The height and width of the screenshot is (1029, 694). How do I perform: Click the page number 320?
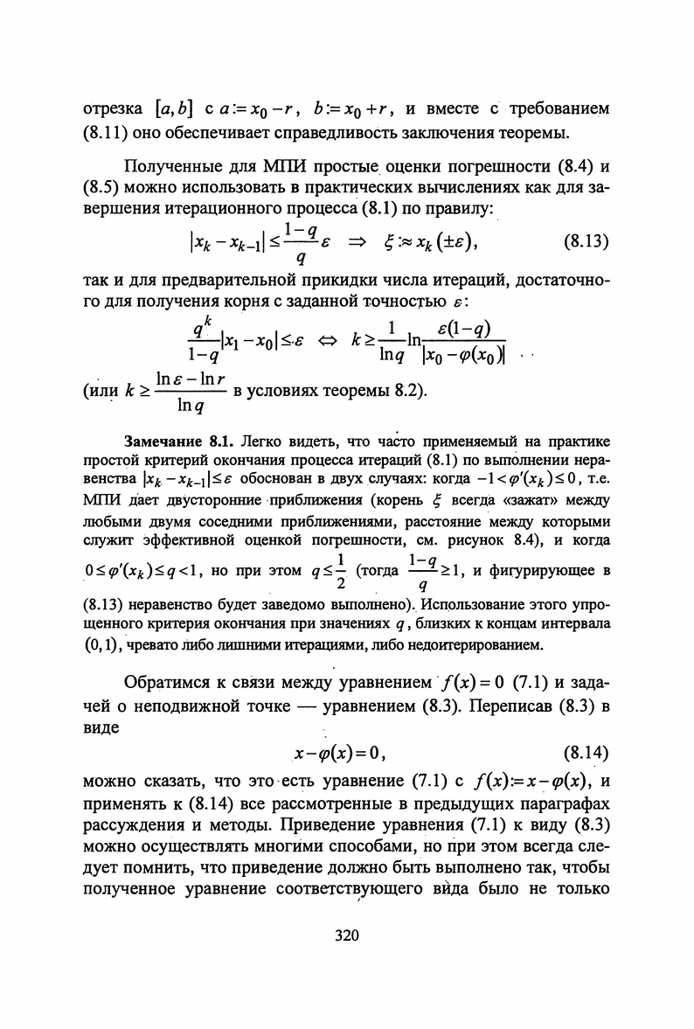[347, 936]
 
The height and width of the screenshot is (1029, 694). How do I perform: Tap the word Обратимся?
[175, 681]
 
